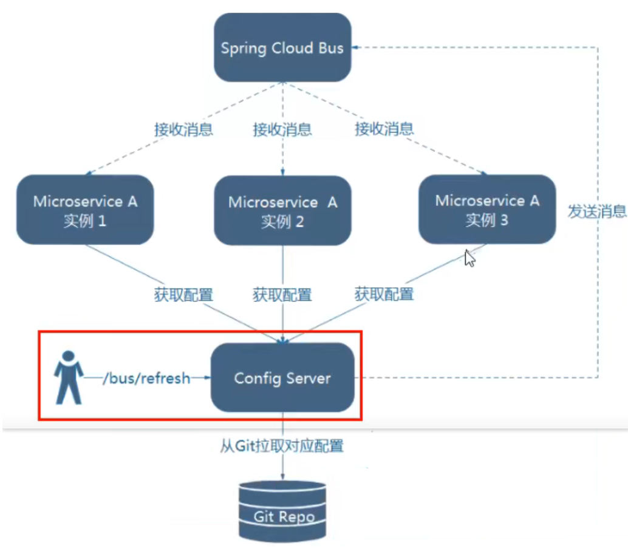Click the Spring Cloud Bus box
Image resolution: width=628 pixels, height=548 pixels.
(282, 48)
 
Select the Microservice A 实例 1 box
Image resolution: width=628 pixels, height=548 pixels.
(85, 210)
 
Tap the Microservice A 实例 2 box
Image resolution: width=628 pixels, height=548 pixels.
(282, 211)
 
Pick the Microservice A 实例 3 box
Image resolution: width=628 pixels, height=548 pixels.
(487, 210)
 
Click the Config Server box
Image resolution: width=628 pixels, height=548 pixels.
(282, 378)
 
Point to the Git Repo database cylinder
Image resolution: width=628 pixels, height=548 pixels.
(283, 511)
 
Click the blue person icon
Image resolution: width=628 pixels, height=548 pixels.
(69, 377)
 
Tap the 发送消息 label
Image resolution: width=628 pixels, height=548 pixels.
(597, 211)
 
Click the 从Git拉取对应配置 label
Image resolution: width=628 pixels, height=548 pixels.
(282, 447)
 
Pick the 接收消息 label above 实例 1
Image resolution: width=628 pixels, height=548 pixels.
(183, 129)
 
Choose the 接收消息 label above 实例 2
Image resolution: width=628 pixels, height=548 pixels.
(282, 129)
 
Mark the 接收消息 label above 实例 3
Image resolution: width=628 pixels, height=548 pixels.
(384, 128)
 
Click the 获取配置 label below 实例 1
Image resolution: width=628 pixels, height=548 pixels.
(183, 295)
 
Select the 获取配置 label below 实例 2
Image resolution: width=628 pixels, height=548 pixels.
(282, 295)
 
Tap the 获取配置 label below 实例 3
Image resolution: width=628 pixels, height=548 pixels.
(384, 295)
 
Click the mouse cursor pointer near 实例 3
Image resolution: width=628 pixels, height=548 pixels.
(469, 258)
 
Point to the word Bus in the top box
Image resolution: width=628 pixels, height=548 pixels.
(330, 48)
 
